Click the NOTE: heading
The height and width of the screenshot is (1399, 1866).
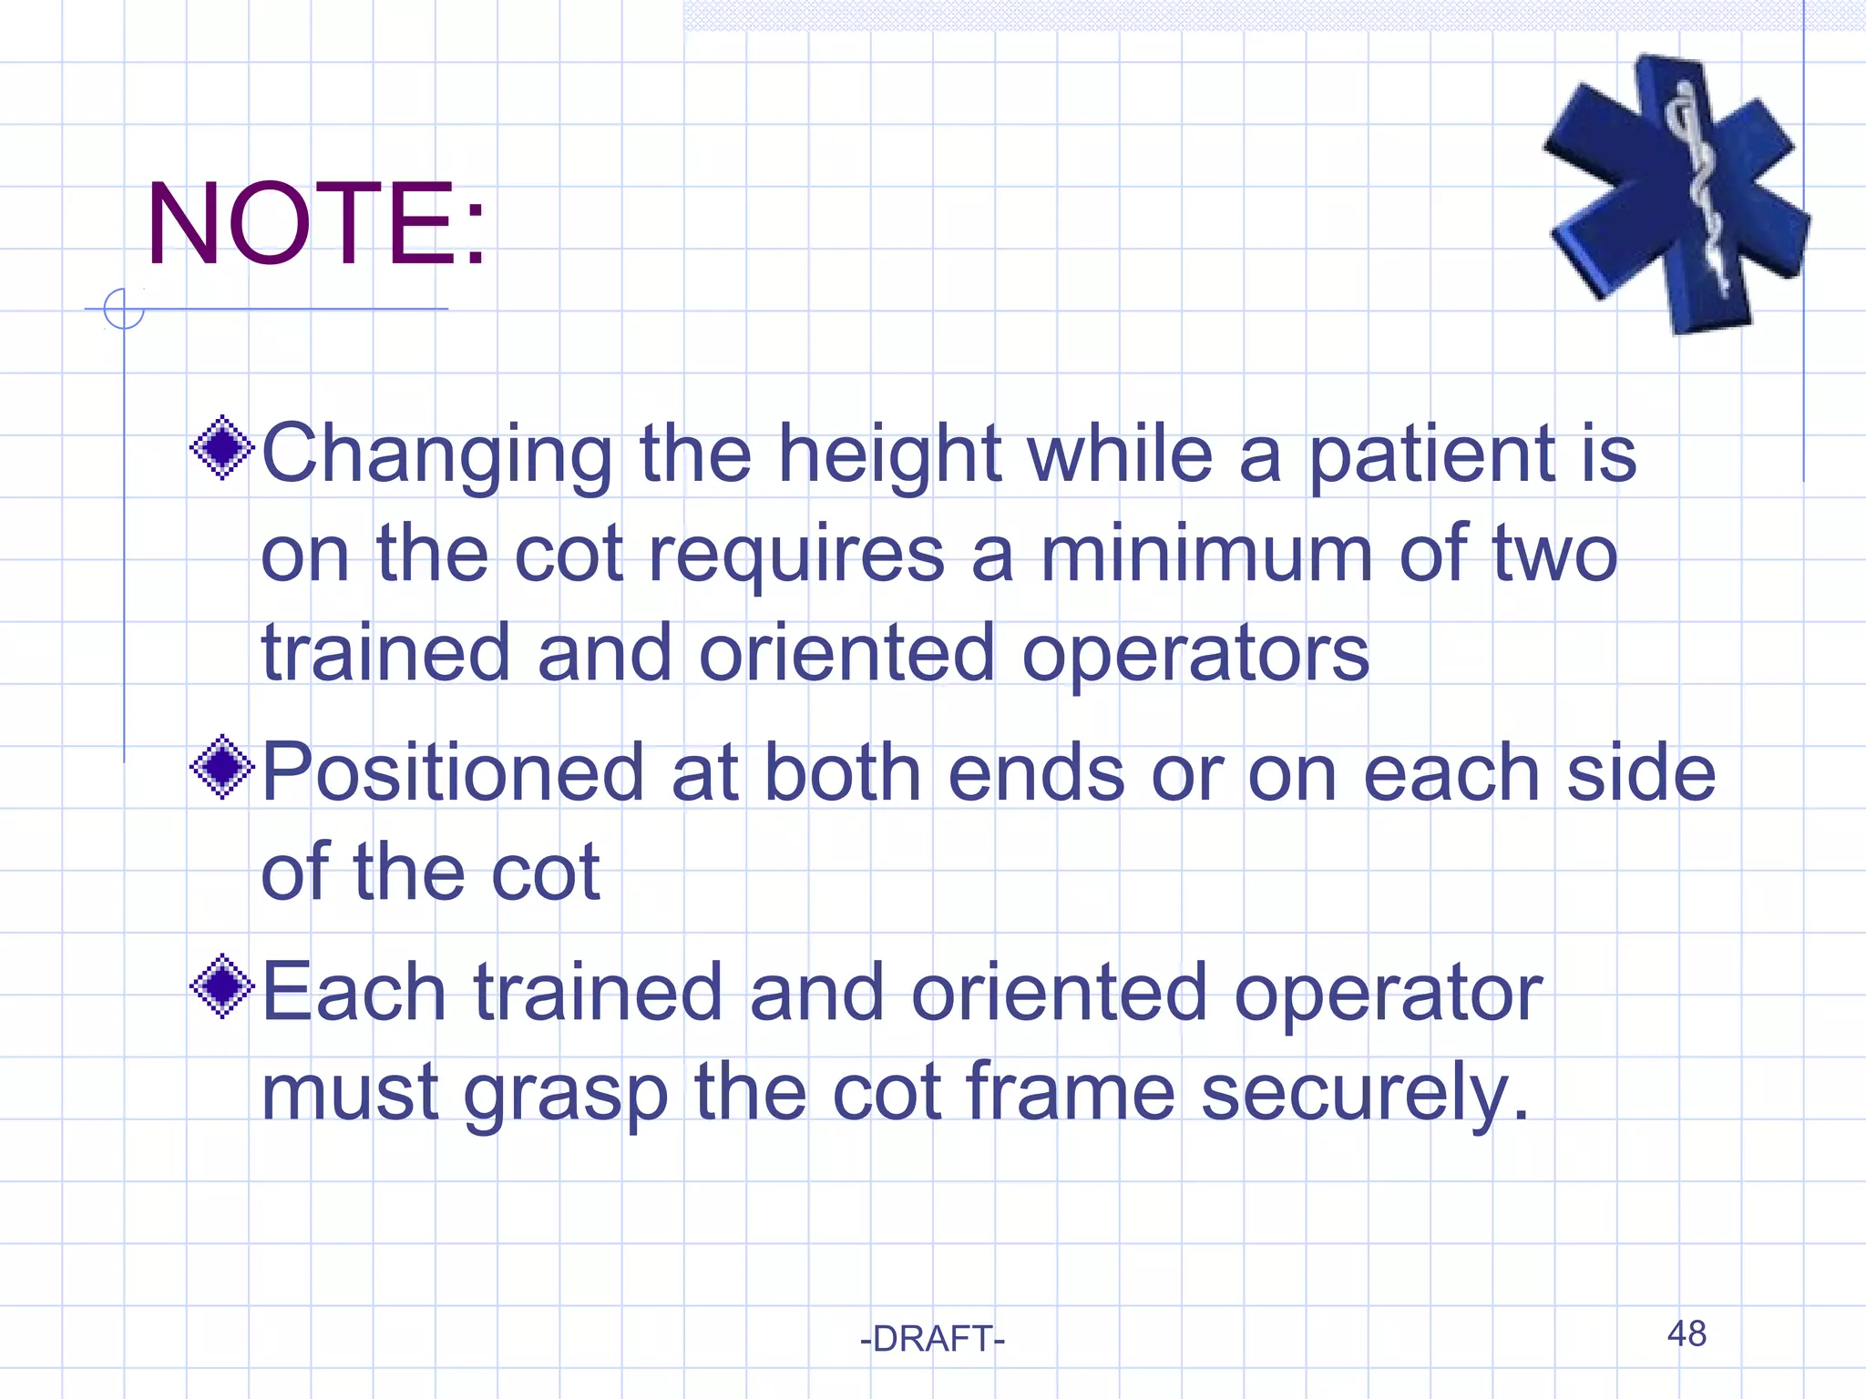pyautogui.click(x=316, y=224)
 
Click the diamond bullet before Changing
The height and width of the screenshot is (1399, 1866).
pyautogui.click(x=221, y=447)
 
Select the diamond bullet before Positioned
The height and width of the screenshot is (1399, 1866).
pyautogui.click(x=221, y=767)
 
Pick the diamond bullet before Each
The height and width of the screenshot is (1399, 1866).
pyautogui.click(x=221, y=986)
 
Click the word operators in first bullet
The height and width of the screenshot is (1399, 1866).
pyautogui.click(x=1194, y=654)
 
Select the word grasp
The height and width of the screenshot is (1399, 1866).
pyautogui.click(x=566, y=1093)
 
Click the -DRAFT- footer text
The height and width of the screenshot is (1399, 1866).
pyautogui.click(x=932, y=1339)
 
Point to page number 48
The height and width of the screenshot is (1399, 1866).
pyautogui.click(x=1687, y=1333)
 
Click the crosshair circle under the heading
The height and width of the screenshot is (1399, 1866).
pyautogui.click(x=124, y=309)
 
